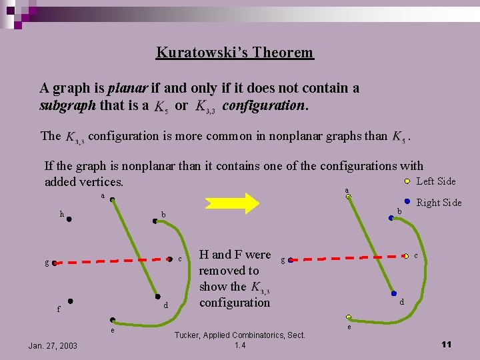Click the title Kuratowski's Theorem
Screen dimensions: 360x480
235,52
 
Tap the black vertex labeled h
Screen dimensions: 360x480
69,218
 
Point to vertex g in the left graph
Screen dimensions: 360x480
55,263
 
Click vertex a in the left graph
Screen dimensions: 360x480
113,199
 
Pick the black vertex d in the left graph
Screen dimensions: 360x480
157,297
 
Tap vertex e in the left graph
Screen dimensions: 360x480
113,320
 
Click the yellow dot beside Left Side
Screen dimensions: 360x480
407,181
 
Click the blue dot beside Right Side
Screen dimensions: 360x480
407,201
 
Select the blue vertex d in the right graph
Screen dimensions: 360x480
394,294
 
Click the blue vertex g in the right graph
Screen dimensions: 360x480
290,260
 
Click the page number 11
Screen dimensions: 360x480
446,344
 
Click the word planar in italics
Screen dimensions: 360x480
127,88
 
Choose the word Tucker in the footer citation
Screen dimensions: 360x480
190,335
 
